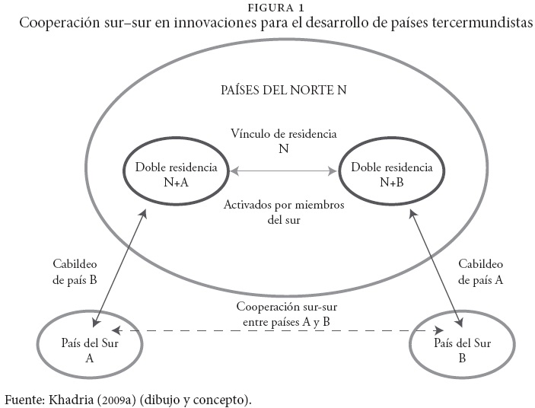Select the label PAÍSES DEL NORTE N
coord(283,89)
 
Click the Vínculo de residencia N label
coord(283,141)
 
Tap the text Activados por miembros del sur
coord(283,213)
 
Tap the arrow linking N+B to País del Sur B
coord(436,266)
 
